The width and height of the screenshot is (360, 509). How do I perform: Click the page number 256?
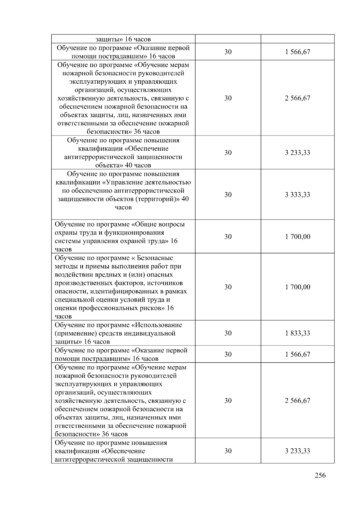click(320, 475)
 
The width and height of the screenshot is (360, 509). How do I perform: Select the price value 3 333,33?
click(297, 195)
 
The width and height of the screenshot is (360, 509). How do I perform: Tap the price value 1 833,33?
click(297, 333)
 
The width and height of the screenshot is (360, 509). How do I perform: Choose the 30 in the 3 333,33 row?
click(228, 195)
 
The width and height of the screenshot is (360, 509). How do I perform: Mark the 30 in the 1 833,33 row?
click(228, 333)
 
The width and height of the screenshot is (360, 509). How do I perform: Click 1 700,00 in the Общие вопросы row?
click(297, 237)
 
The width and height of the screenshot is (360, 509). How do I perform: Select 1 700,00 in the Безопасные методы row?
click(297, 287)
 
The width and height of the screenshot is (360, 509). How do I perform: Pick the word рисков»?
click(155, 308)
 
